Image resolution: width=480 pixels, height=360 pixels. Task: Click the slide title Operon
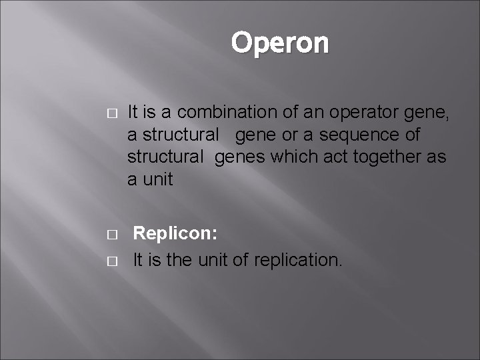click(x=280, y=43)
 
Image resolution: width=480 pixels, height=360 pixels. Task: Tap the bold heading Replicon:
click(x=175, y=233)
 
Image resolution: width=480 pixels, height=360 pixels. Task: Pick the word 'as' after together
click(x=437, y=157)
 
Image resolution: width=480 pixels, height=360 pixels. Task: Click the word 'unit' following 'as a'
click(x=158, y=180)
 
